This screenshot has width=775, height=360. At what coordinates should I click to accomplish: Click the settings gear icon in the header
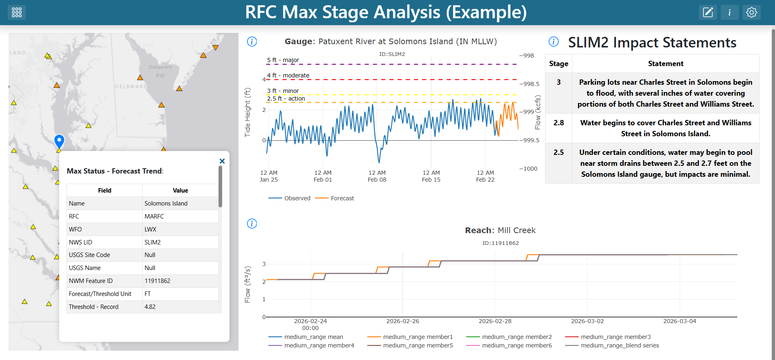pyautogui.click(x=751, y=13)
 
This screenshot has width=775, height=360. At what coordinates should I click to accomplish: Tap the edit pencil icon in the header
pyautogui.click(x=708, y=13)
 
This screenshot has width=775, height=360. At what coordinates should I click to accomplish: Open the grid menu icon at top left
pyautogui.click(x=17, y=13)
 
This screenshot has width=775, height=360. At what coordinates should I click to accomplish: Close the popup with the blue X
pyautogui.click(x=222, y=161)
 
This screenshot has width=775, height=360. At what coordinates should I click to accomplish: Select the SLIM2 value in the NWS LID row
pyautogui.click(x=152, y=242)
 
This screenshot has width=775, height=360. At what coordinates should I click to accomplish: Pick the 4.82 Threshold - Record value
pyautogui.click(x=150, y=307)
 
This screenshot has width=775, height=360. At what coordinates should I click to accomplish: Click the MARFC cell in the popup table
pyautogui.click(x=154, y=216)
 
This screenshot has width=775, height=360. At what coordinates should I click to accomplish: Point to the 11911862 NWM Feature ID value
pyautogui.click(x=157, y=281)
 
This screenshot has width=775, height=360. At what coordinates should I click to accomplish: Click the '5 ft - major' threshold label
pyautogui.click(x=283, y=60)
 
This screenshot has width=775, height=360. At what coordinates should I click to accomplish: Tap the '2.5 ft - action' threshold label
pyautogui.click(x=286, y=99)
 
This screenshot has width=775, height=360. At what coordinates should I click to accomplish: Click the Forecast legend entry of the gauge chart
pyautogui.click(x=335, y=198)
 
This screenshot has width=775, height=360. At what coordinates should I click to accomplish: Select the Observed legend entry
pyautogui.click(x=290, y=198)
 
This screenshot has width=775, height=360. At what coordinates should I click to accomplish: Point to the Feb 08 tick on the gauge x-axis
pyautogui.click(x=377, y=176)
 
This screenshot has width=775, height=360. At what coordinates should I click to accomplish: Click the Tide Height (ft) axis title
pyautogui.click(x=247, y=112)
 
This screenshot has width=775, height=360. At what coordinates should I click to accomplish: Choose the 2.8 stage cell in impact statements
pyautogui.click(x=558, y=123)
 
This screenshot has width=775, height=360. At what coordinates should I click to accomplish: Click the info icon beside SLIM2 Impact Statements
pyautogui.click(x=554, y=41)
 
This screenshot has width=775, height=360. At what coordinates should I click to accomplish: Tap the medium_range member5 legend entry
pyautogui.click(x=410, y=345)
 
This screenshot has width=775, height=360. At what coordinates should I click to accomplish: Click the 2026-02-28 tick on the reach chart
pyautogui.click(x=495, y=321)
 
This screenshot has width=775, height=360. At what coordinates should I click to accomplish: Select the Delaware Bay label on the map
pyautogui.click(x=160, y=71)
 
